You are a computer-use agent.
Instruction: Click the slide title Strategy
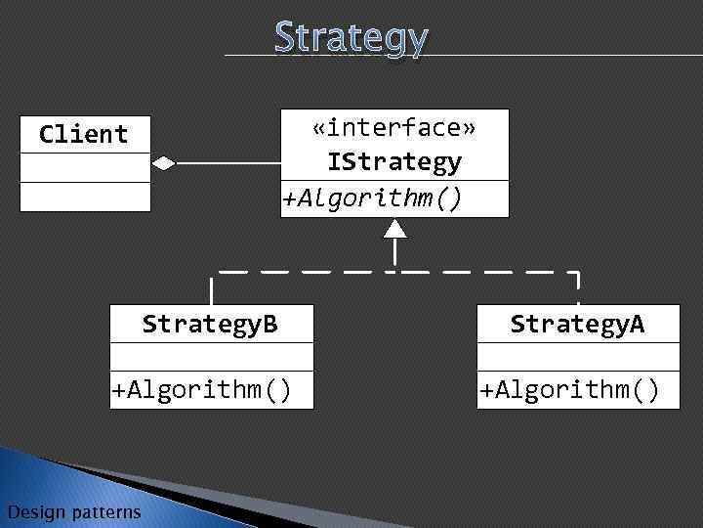point(351,37)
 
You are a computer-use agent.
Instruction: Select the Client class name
point(84,134)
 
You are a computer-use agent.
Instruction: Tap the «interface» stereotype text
point(394,127)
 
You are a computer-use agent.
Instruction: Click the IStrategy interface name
point(394,161)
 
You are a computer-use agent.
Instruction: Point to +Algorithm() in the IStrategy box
point(372,198)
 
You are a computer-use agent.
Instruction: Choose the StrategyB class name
point(210,324)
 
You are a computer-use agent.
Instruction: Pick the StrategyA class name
point(578,324)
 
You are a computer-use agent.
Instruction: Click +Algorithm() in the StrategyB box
point(202,390)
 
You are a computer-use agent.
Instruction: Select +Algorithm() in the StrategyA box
point(569,390)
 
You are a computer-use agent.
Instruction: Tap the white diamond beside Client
point(163,163)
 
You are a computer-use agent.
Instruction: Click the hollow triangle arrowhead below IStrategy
point(394,229)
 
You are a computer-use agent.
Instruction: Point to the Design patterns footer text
point(73,511)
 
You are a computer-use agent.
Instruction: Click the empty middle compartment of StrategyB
point(212,356)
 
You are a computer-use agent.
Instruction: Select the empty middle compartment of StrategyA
point(578,356)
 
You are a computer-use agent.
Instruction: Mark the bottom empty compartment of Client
point(86,198)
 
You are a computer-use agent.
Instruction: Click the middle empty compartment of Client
point(86,168)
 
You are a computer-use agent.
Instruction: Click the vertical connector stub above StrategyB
point(210,289)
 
